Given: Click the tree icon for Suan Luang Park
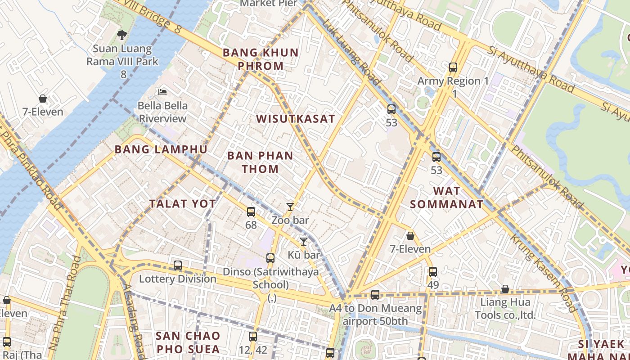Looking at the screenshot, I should [121, 35].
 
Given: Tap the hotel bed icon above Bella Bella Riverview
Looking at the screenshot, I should [162, 92].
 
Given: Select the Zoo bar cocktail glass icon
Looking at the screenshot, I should [290, 207].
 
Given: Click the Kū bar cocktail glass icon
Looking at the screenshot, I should [304, 242].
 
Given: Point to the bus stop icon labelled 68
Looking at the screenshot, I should [251, 211].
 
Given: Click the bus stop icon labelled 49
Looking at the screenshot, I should [433, 272].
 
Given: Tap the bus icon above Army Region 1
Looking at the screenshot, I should [453, 68].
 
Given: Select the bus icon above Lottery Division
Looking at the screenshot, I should [178, 265].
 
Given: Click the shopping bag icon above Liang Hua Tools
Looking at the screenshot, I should [505, 289].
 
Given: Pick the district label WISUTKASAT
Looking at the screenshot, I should [296, 119].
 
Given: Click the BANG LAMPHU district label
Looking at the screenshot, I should [161, 149].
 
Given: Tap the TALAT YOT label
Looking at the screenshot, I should [183, 203].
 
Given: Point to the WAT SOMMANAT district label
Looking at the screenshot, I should [446, 198].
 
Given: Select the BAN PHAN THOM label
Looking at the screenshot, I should [260, 162].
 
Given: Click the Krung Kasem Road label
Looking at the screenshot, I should [543, 273].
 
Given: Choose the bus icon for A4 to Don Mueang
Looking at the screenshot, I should [375, 295].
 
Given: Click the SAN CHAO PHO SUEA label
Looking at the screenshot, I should [188, 342].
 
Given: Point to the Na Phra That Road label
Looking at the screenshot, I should [65, 304].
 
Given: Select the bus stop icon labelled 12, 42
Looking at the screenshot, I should [253, 337].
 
